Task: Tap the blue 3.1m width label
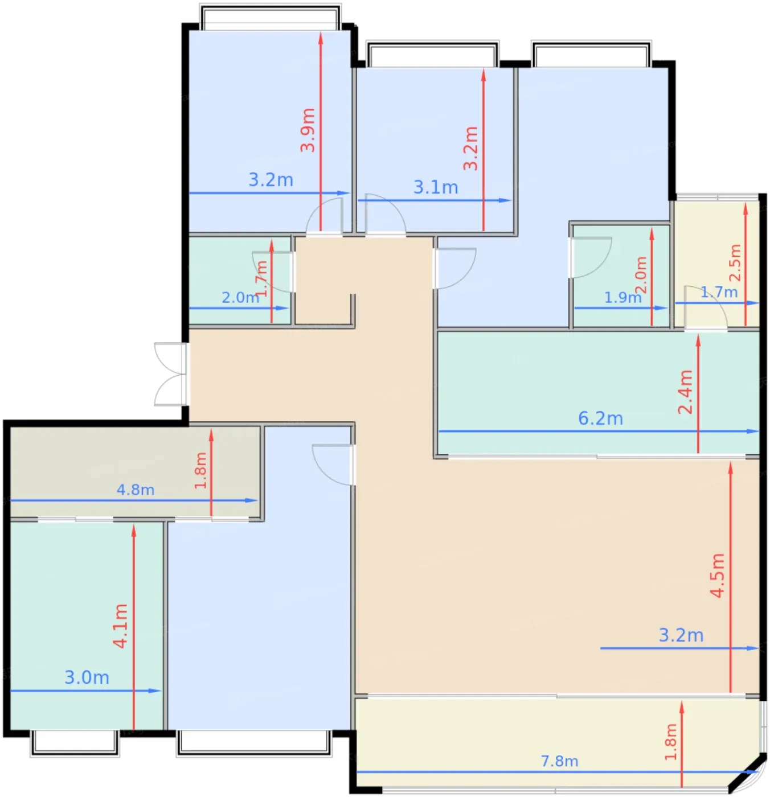435,187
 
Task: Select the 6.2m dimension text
600,418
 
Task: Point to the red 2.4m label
685,392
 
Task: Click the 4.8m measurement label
135,490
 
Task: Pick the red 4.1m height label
121,626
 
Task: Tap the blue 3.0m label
87,677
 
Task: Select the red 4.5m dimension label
717,575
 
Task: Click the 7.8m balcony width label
559,761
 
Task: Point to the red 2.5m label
736,262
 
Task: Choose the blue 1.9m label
622,297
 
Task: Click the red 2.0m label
641,275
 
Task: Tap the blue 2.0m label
240,297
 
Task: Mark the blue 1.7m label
719,292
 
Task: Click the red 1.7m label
261,279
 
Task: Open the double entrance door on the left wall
171,374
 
